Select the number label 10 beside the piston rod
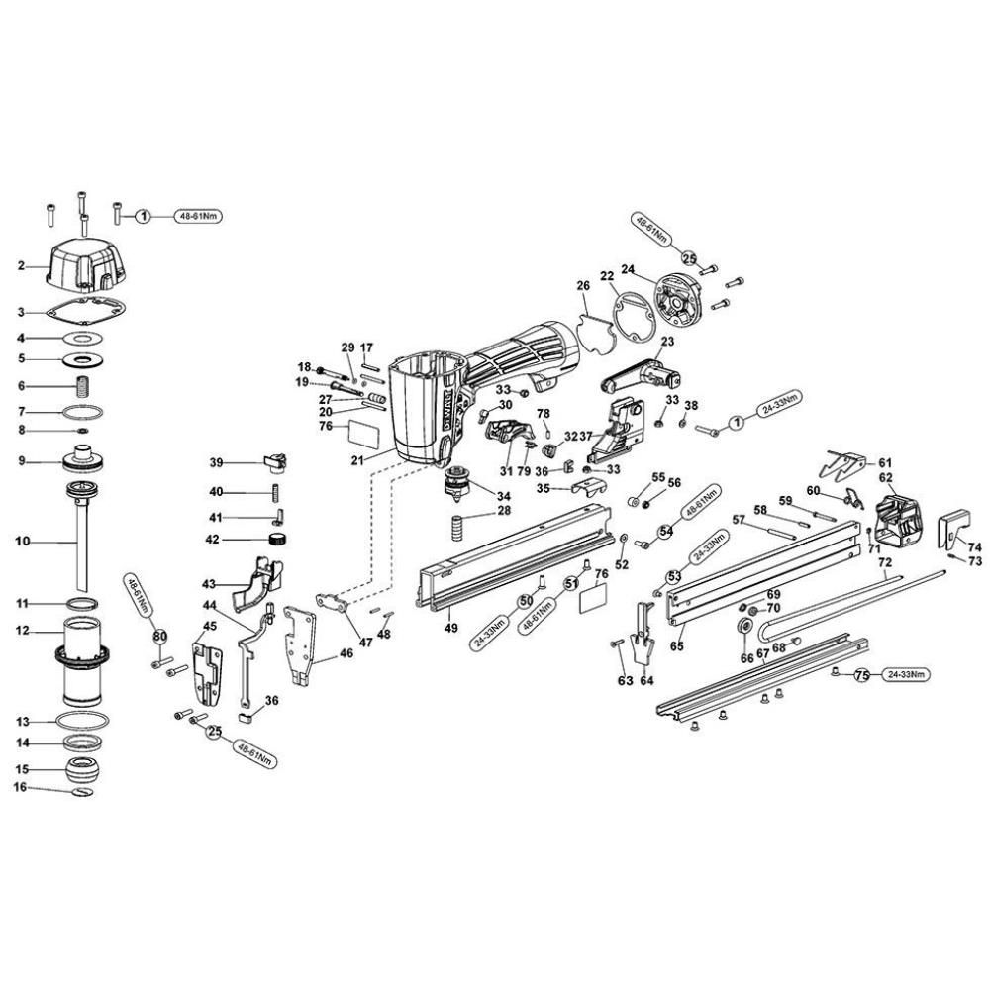coord(23,541)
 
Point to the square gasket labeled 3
coord(86,311)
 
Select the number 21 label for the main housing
coord(355,460)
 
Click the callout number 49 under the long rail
coord(450,627)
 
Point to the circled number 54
coord(666,531)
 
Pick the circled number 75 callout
coord(861,675)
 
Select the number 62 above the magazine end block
coord(886,477)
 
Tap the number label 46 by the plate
coord(346,653)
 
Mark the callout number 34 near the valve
coord(504,496)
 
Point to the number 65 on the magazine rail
coord(677,645)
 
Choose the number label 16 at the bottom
coord(20,788)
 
